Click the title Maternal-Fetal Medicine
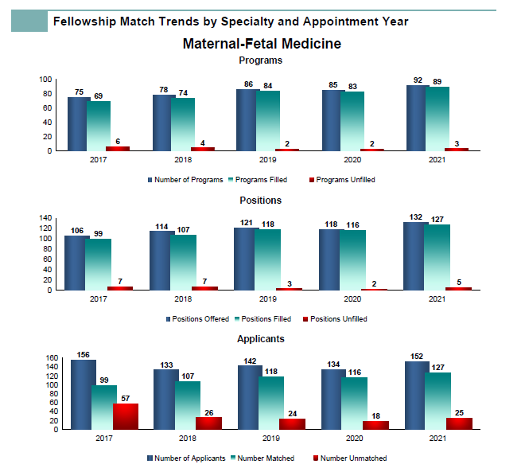pyautogui.click(x=262, y=44)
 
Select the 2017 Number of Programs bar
pyautogui.click(x=79, y=124)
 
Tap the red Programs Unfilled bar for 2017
pyautogui.click(x=118, y=149)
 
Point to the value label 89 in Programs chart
pyautogui.click(x=437, y=81)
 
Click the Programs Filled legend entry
pyautogui.click(x=258, y=180)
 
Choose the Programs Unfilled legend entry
pyautogui.click(x=342, y=180)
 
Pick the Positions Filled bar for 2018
pyautogui.click(x=183, y=263)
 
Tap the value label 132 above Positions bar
pyautogui.click(x=415, y=217)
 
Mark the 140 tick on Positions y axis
pyautogui.click(x=45, y=218)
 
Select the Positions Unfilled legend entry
pyautogui.click(x=335, y=319)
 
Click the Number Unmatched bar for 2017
pyautogui.click(x=126, y=416)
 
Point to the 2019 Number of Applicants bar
pyautogui.click(x=250, y=397)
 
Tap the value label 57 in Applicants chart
pyautogui.click(x=125, y=399)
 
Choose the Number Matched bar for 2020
pyautogui.click(x=354, y=404)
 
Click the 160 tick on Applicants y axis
pyautogui.click(x=52, y=358)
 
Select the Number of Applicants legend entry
pyautogui.click(x=186, y=458)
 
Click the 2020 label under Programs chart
pyautogui.click(x=352, y=160)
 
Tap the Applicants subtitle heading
pyautogui.click(x=261, y=339)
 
